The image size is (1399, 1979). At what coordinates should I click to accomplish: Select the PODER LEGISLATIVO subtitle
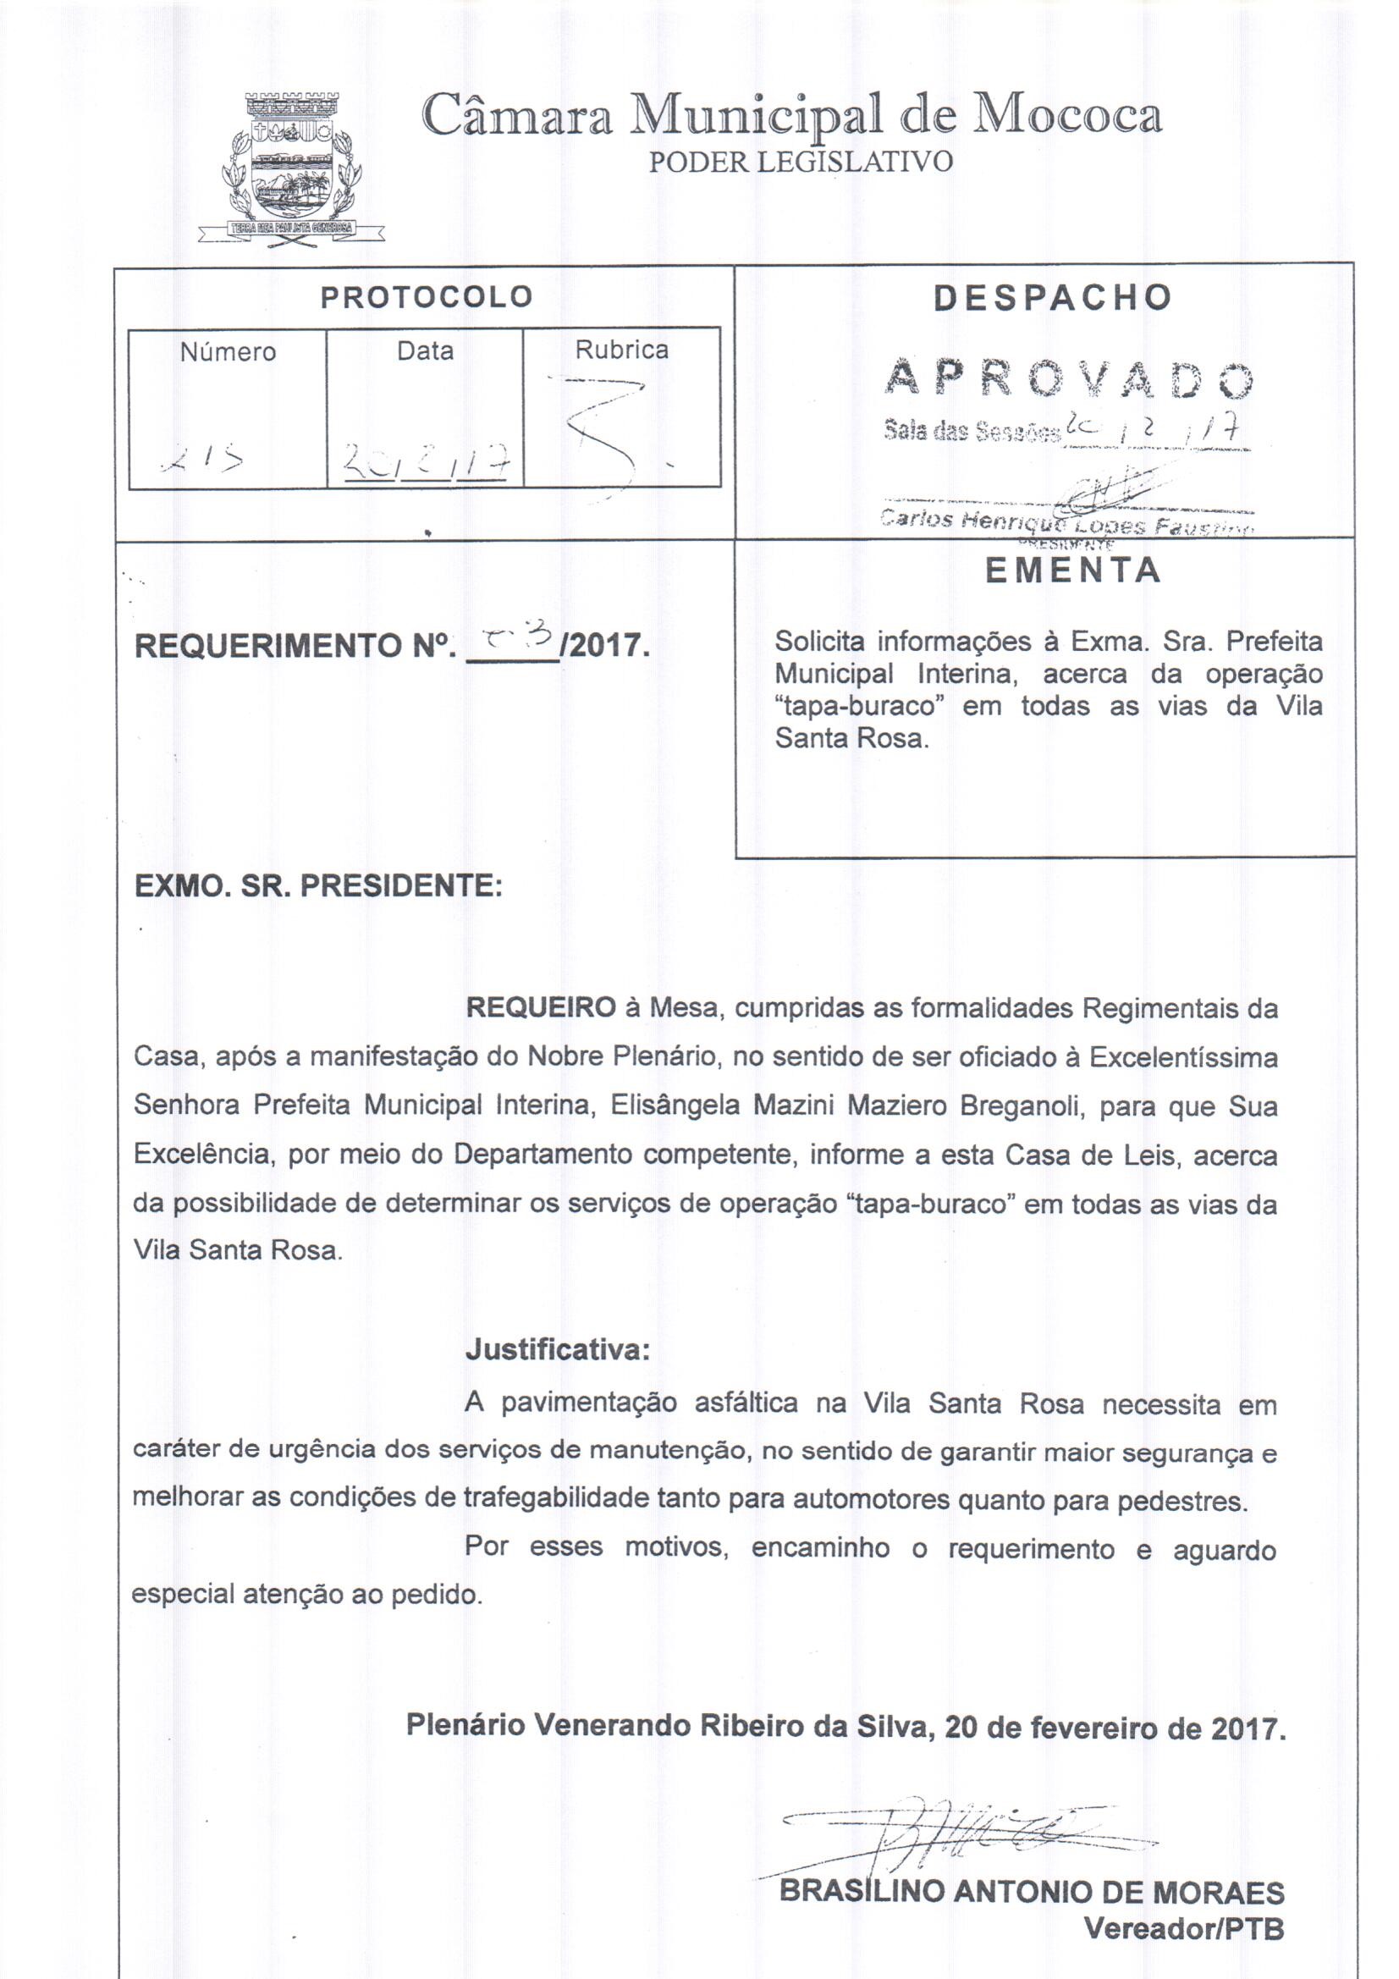click(801, 162)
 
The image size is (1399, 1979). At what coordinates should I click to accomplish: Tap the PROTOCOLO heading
click(427, 297)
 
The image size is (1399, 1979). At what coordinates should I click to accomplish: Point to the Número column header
click(228, 351)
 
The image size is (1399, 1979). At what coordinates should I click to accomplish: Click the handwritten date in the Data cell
click(423, 468)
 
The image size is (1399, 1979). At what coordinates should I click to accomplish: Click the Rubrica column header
click(621, 350)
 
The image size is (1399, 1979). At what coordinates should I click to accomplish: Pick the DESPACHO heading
click(1053, 297)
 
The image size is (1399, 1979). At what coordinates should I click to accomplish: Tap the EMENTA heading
click(1073, 571)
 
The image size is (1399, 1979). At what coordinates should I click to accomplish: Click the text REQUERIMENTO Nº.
click(294, 646)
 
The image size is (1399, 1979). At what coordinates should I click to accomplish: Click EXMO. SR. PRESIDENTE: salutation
click(318, 885)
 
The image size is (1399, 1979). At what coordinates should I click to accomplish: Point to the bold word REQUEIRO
click(541, 1007)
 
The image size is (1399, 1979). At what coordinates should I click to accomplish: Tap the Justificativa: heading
click(557, 1349)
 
